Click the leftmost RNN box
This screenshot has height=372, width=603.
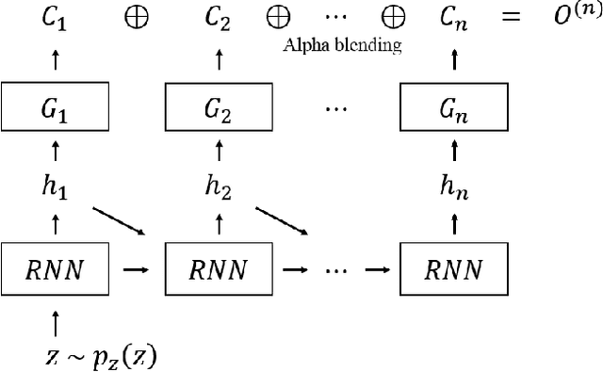tap(55, 270)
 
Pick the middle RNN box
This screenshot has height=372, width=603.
tap(220, 270)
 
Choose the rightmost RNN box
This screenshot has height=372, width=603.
tap(454, 270)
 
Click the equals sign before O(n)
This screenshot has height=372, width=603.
tap(512, 19)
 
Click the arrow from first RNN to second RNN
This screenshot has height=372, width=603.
tap(137, 271)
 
